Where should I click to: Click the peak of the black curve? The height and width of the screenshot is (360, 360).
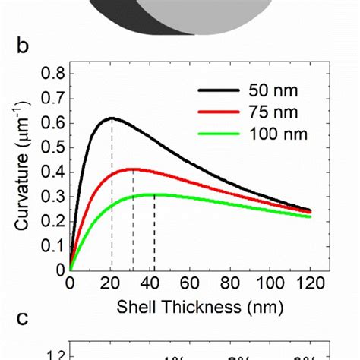(x=112, y=118)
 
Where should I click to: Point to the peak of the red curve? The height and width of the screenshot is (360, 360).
(x=133, y=169)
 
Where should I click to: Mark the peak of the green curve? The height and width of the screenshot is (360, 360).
(x=154, y=194)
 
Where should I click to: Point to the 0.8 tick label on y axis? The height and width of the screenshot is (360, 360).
(x=51, y=74)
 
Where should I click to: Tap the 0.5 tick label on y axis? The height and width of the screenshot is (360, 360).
(x=51, y=147)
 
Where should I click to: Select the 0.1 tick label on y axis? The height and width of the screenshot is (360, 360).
(x=51, y=245)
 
